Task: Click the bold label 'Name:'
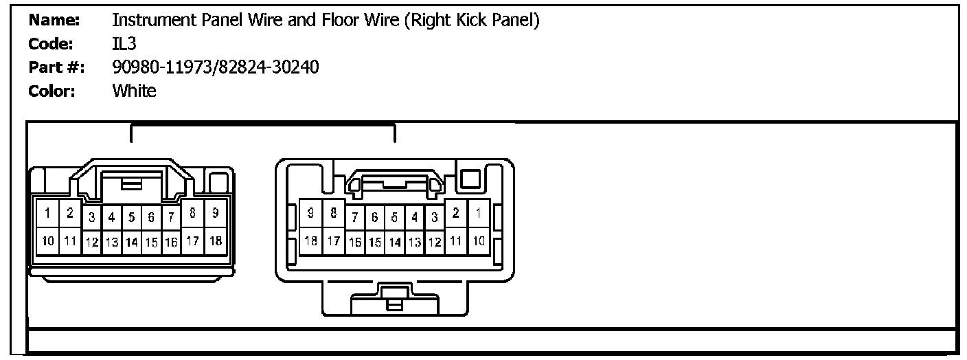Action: coord(54,21)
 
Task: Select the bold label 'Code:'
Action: coord(52,45)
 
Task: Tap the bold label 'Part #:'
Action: coord(56,67)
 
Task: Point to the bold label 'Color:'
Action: coord(52,91)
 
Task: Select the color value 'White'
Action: coord(134,91)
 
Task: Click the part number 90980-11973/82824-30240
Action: coord(215,67)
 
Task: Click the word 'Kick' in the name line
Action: coord(470,21)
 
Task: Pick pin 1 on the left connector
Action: coord(47,214)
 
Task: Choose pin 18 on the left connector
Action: coord(215,241)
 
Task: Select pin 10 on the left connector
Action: coord(47,241)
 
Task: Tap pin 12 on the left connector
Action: coord(92,243)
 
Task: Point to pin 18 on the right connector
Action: coord(310,241)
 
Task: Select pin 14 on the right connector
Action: coord(394,243)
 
